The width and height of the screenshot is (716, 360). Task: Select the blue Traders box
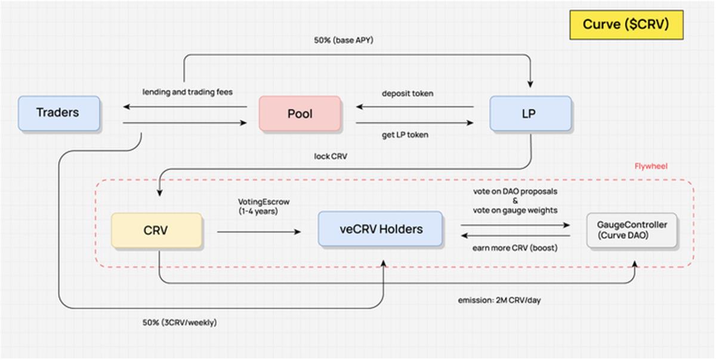(58, 113)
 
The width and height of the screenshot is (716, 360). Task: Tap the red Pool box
(300, 113)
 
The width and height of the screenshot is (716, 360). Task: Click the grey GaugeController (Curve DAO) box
(632, 230)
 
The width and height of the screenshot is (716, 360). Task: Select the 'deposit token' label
(408, 94)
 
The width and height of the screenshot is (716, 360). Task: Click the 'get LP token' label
(405, 135)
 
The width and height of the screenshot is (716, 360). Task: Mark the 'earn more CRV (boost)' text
(514, 248)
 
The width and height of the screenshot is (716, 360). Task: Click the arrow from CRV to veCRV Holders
(259, 231)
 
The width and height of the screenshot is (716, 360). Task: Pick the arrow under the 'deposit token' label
(415, 107)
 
